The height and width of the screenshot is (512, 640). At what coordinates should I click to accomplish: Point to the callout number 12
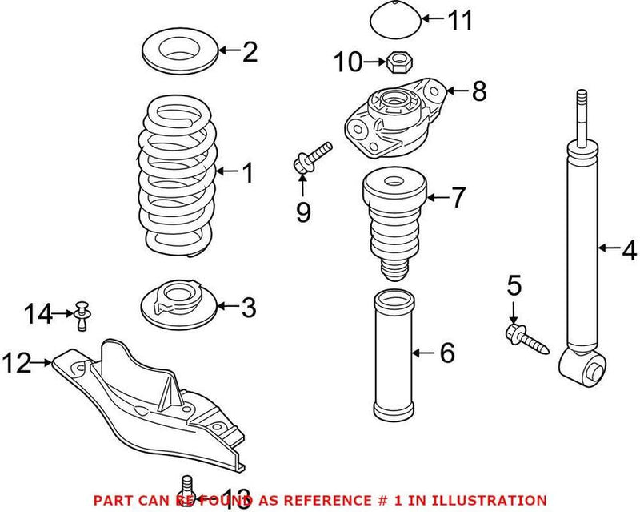[17, 365]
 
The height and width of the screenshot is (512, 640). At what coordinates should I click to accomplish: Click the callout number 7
[457, 197]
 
